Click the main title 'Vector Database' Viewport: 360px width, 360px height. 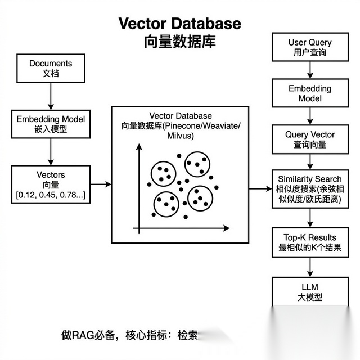(179, 24)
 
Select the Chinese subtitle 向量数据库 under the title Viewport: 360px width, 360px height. (179, 42)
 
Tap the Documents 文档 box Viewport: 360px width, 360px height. (51, 68)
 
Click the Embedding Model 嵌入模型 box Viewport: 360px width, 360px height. (51, 124)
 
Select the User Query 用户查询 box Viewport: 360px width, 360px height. (310, 47)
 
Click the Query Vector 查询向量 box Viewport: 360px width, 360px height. (309, 139)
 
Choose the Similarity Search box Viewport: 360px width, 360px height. (309, 187)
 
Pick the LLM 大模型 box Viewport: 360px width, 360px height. (310, 292)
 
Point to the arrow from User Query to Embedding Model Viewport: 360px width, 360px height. (310, 70)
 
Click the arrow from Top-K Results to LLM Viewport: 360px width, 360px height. (310, 267)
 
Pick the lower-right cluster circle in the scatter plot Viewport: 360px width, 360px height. (200, 197)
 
